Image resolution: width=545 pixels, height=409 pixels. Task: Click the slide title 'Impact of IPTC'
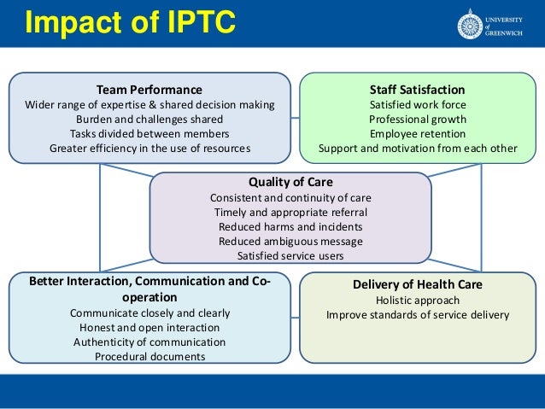tap(130, 23)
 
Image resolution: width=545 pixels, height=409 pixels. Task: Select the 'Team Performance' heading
tap(149, 90)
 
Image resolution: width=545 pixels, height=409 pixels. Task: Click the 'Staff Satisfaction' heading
tap(417, 90)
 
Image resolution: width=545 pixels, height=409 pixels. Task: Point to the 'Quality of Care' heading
tap(290, 182)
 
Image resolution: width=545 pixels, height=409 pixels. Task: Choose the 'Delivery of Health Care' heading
tap(417, 284)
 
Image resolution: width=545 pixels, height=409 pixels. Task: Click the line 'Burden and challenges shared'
tap(149, 119)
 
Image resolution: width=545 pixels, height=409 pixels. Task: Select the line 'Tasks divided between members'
tap(149, 133)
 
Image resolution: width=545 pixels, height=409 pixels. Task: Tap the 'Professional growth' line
tap(418, 119)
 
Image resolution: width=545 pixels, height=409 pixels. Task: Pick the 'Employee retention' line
tap(418, 133)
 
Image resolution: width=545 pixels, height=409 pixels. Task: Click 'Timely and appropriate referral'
tap(290, 212)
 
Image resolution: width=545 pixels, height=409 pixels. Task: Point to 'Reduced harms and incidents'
tap(290, 226)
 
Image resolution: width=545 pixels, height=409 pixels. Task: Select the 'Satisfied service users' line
tap(290, 255)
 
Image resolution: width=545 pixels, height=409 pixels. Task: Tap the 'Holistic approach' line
tap(418, 300)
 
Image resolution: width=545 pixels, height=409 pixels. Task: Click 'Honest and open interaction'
tap(149, 327)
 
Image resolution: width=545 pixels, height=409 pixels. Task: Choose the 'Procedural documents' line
tap(149, 356)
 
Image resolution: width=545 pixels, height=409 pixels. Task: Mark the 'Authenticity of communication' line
tap(149, 342)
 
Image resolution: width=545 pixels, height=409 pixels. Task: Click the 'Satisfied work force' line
tap(418, 104)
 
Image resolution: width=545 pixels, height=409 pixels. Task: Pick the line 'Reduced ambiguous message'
tap(290, 241)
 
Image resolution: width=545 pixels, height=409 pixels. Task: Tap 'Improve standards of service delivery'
tap(418, 314)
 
